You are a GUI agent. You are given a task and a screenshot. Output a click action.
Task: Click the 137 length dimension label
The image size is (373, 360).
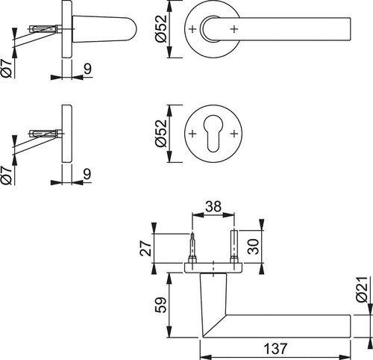(275, 349)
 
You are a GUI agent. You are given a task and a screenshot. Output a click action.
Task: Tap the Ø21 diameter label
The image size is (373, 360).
(362, 290)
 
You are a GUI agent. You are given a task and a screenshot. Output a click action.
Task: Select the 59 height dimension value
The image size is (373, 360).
(162, 305)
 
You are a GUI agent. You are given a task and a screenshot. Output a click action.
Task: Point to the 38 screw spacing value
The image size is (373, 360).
(213, 206)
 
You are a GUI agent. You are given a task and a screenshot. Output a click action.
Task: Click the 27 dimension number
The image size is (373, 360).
(146, 248)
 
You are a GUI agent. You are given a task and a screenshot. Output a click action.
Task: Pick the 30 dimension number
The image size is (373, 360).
(254, 246)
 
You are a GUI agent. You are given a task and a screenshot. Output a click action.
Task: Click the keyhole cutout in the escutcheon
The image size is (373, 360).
(213, 133)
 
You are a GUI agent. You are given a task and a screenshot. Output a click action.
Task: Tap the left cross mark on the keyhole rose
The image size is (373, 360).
(192, 134)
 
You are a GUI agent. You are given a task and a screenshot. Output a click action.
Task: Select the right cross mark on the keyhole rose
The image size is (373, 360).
(234, 134)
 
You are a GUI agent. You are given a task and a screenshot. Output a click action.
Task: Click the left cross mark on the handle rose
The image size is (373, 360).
(192, 29)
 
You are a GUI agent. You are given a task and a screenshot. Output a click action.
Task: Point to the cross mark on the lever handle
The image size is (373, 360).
(234, 29)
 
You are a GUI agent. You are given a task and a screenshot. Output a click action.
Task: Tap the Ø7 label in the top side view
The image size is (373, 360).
(7, 69)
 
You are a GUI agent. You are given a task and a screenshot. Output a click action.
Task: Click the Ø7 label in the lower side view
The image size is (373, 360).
(7, 176)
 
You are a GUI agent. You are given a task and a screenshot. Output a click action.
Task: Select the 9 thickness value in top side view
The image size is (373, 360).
(87, 69)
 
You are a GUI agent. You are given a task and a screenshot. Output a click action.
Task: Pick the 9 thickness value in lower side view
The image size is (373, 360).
(87, 174)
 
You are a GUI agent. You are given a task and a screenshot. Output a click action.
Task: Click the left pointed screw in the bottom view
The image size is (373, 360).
(192, 248)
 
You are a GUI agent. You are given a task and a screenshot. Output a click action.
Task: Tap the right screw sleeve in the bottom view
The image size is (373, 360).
(234, 246)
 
